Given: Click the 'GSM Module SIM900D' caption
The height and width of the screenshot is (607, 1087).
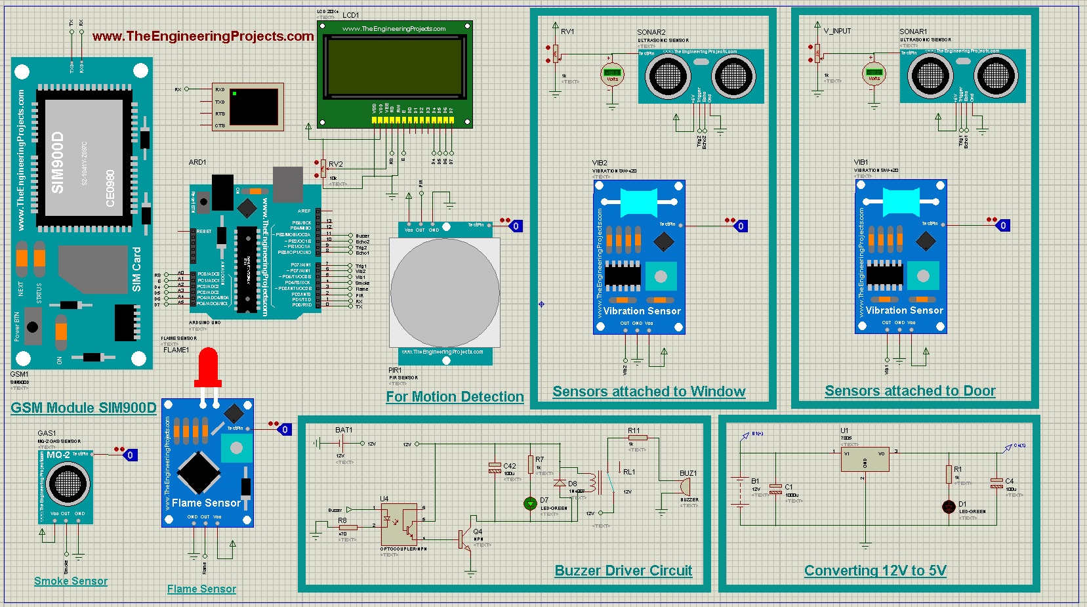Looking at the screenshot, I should [x=83, y=408].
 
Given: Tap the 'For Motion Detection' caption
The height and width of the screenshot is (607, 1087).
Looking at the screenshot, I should [x=455, y=396].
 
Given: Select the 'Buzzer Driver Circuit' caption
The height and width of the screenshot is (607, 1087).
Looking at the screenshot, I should [x=623, y=570].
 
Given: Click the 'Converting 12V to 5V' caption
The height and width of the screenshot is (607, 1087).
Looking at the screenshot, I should [x=875, y=570].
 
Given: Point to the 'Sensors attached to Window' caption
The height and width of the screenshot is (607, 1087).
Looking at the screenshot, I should [x=649, y=391].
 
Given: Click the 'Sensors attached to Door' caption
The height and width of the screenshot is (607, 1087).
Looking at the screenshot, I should [x=910, y=390].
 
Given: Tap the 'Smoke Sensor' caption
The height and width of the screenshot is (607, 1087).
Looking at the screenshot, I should [x=71, y=581].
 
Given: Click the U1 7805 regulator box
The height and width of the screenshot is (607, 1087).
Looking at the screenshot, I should [x=865, y=459].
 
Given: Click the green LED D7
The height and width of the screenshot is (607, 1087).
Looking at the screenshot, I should [x=530, y=503].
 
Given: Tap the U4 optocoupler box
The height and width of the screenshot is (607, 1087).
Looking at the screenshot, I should [x=400, y=524].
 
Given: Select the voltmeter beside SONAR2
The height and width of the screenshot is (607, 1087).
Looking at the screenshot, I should [x=612, y=74].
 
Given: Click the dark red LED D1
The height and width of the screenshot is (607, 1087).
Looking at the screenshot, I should [x=949, y=507].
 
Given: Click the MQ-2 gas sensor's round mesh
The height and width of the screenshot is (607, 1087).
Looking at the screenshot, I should [x=68, y=484].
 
